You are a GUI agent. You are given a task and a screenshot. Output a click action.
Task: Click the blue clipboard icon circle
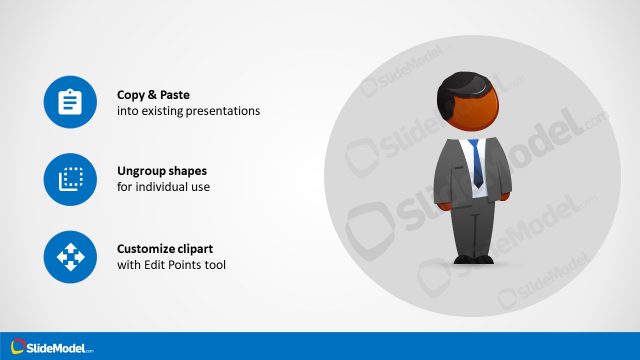[70, 102]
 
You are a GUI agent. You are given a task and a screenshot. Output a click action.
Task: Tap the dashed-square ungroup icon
[70, 179]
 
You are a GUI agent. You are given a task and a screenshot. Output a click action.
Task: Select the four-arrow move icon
[70, 256]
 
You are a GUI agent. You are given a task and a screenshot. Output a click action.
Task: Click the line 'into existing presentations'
[188, 111]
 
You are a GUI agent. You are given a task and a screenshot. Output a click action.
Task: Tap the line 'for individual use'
[164, 187]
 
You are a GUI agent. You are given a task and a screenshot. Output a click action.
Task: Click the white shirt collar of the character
[470, 143]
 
